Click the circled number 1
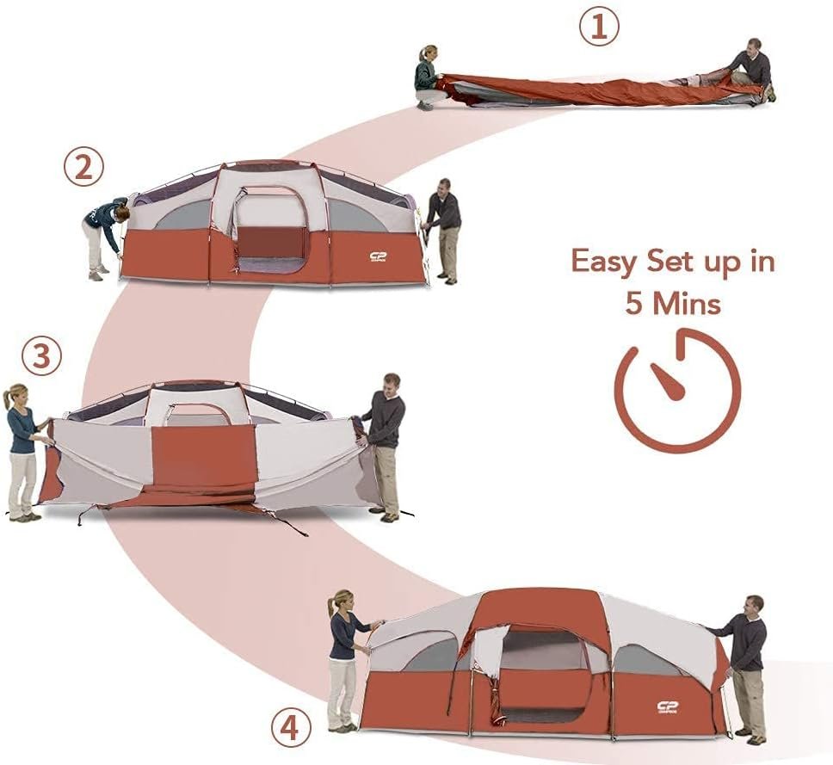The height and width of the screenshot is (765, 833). click(599, 26)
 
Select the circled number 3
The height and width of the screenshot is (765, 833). click(41, 356)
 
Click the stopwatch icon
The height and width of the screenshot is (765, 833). click(677, 391)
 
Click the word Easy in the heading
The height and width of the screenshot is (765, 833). click(605, 262)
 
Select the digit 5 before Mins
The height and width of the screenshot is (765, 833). click(633, 305)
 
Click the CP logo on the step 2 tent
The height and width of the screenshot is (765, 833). click(379, 257)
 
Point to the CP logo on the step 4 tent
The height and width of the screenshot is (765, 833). click(668, 706)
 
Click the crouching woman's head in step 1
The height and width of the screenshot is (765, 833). click(429, 52)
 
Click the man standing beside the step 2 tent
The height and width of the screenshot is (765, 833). click(443, 231)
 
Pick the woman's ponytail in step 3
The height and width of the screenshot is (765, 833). click(7, 397)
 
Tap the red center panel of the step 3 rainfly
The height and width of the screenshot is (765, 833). click(205, 454)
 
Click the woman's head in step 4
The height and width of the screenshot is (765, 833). click(342, 602)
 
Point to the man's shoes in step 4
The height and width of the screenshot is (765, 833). click(750, 737)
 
